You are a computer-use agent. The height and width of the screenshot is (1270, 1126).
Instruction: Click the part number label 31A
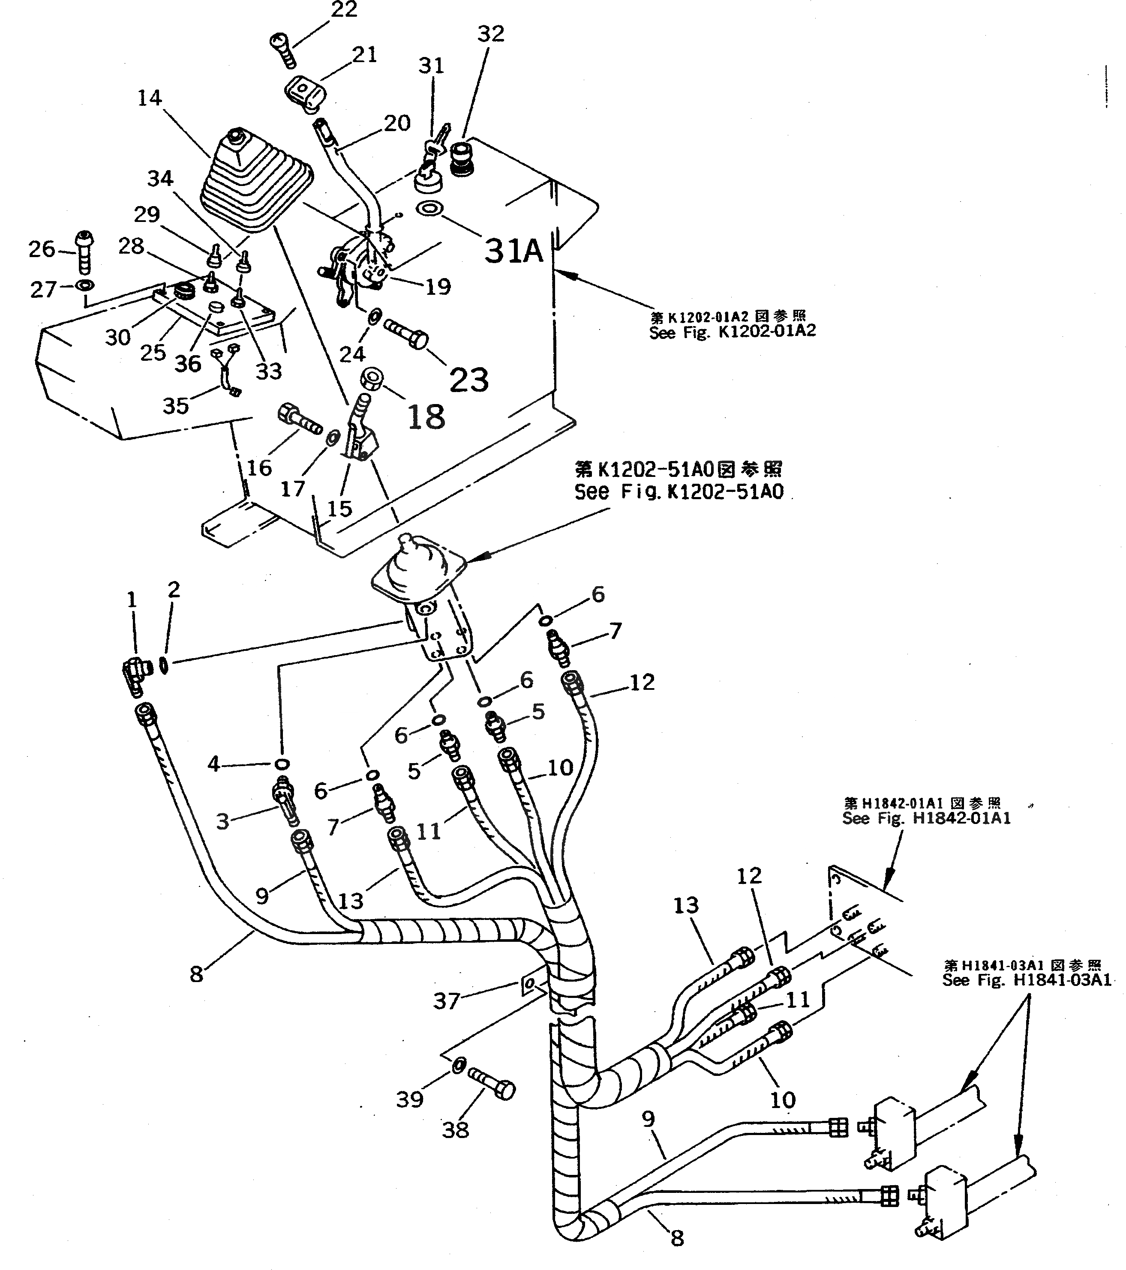pos(513,251)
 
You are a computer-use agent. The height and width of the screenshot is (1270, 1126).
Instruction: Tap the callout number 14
pos(149,98)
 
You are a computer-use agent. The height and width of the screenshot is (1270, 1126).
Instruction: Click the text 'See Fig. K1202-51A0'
pos(679,492)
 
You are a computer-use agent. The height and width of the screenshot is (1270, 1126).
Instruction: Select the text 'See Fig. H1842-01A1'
pos(926,818)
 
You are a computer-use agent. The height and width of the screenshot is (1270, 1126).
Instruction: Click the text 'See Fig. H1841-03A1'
pos(1027,980)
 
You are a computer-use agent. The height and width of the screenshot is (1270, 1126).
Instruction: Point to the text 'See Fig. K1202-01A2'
pos(732,332)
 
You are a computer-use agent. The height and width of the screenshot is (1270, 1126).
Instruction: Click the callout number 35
pos(175,406)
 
